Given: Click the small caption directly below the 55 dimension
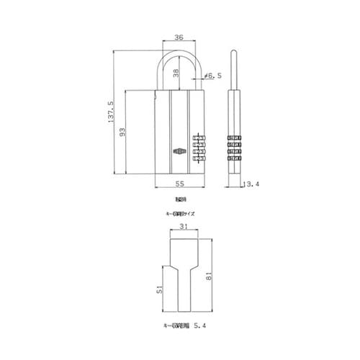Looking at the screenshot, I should (179, 198).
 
